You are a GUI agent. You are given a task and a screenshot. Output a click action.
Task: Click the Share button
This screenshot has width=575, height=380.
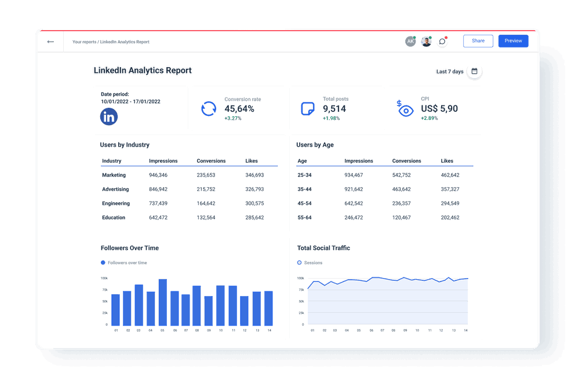coord(478,41)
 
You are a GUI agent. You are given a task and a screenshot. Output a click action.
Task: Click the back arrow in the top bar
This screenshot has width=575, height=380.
coord(50,42)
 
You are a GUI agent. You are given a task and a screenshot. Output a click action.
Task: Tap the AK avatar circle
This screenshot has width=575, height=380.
coord(410,41)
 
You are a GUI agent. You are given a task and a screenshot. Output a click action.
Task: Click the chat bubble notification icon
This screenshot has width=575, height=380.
coord(442,41)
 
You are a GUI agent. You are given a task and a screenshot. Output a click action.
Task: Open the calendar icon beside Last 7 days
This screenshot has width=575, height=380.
coord(474,71)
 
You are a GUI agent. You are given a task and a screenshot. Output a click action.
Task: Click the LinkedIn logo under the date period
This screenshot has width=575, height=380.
coord(108,116)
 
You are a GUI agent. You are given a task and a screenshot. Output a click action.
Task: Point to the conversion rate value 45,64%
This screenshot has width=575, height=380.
coord(239,109)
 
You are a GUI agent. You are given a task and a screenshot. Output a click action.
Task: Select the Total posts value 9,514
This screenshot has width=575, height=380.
coord(334,109)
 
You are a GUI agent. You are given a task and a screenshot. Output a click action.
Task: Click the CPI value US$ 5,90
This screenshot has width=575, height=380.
coord(439,109)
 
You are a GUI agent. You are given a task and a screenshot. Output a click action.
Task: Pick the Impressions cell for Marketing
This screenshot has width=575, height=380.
coord(158,175)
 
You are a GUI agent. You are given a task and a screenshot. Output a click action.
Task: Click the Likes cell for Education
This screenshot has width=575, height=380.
coord(254,218)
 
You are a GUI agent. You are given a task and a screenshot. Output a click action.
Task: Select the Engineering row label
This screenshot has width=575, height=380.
coord(116,203)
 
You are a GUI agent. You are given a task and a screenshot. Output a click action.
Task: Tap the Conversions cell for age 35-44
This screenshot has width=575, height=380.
coord(401,189)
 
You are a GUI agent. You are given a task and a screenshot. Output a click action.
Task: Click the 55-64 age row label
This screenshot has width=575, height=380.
coord(304,218)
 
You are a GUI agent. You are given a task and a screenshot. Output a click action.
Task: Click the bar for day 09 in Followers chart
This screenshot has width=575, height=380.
coord(209,312)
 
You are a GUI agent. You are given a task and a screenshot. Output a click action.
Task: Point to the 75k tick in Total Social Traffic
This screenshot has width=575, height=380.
coord(301,290)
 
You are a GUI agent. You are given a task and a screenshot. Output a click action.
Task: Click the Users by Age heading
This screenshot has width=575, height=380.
coord(315,145)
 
